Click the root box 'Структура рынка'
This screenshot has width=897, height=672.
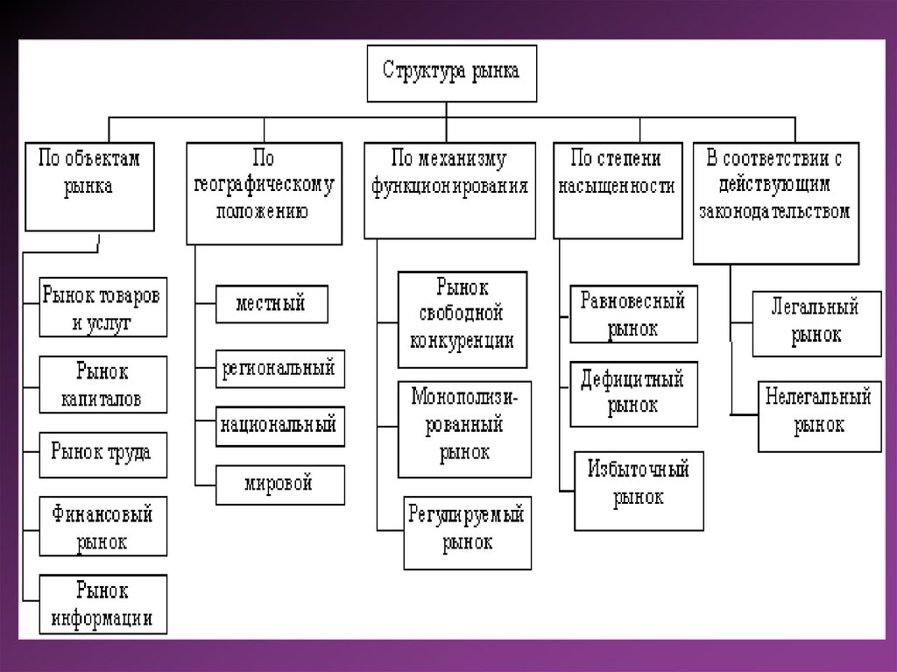pos(450,73)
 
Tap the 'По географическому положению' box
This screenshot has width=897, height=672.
pos(264,193)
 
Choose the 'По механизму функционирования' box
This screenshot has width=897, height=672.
pos(449,189)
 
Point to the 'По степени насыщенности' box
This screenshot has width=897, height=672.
pos(618,189)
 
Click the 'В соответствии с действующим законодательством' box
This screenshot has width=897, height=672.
pos(774,202)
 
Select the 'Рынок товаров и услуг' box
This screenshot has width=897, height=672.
pos(102,308)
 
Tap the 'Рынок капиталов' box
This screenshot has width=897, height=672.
pos(102,385)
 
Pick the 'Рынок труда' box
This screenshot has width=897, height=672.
pos(102,453)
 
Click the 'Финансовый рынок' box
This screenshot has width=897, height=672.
pos(102,527)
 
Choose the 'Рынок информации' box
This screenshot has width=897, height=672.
pos(102,604)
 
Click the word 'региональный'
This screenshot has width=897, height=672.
pos(278,369)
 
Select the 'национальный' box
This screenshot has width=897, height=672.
pos(279,427)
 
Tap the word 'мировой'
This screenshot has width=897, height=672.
pos(279,484)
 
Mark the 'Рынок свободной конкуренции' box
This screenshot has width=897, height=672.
pos(462,319)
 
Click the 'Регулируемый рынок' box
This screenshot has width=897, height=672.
pos(467,532)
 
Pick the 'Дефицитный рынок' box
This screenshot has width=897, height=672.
pos(633,393)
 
